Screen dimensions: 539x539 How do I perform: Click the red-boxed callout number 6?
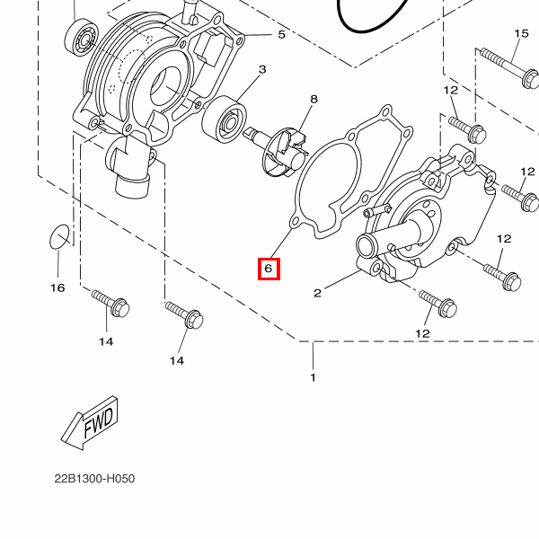pyautogui.click(x=269, y=269)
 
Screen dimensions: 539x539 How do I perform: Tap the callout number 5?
pyautogui.click(x=281, y=34)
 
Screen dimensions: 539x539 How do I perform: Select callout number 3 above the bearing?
pyautogui.click(x=262, y=69)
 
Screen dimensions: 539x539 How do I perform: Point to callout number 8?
pyautogui.click(x=314, y=100)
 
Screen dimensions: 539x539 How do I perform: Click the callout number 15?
pyautogui.click(x=521, y=33)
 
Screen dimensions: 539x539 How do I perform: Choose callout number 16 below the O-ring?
pyautogui.click(x=57, y=287)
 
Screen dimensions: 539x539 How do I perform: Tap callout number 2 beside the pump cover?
pyautogui.click(x=317, y=293)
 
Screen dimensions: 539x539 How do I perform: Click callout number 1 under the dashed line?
pyautogui.click(x=313, y=377)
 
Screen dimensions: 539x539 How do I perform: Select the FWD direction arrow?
pyautogui.click(x=90, y=423)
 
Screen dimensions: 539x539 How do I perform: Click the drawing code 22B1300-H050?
pyautogui.click(x=94, y=479)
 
